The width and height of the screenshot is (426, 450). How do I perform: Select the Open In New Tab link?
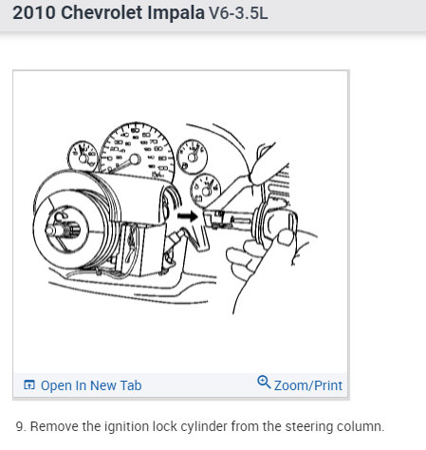pos(91,385)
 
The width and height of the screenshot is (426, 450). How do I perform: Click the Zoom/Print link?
pos(307,385)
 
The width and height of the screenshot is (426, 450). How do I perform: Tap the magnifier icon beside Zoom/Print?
pos(264,383)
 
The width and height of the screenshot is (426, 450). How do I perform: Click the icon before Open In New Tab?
pos(29,385)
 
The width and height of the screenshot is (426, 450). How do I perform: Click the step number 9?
pos(20,425)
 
